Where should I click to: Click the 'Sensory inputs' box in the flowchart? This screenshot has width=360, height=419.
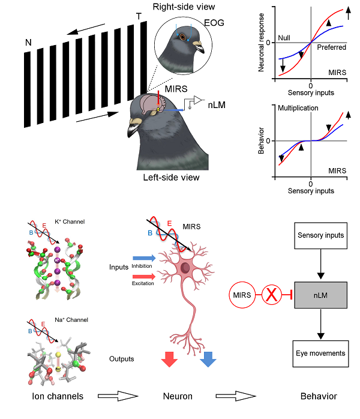pyautogui.click(x=320, y=235)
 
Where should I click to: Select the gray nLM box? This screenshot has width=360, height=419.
pyautogui.click(x=320, y=295)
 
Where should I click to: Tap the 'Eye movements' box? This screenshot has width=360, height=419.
pyautogui.click(x=320, y=354)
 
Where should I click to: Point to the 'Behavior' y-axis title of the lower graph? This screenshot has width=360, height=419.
pyautogui.click(x=262, y=140)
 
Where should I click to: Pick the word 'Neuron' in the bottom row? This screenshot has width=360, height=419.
pyautogui.click(x=178, y=396)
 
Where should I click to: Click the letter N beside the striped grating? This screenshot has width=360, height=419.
pyautogui.click(x=28, y=43)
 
